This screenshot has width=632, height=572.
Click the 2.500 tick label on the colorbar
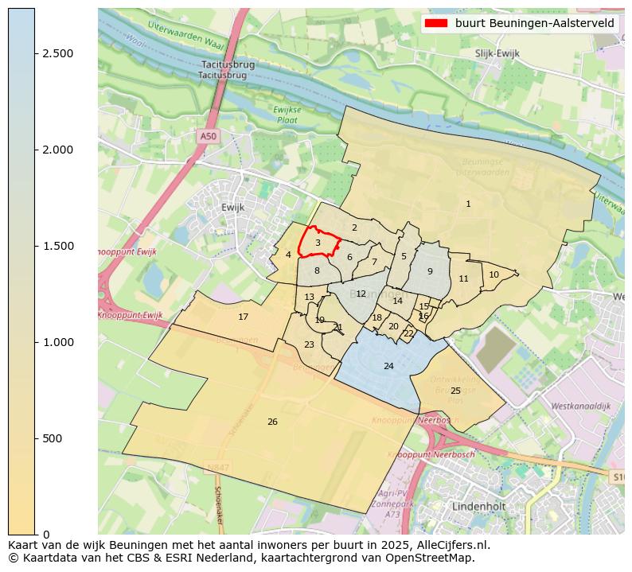[x=58, y=53]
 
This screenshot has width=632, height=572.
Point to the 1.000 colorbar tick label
[x=58, y=342]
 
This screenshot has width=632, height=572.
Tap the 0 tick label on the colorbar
[x=45, y=534]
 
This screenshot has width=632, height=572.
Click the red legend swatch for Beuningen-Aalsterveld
[x=436, y=23]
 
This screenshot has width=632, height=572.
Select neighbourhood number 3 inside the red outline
[x=318, y=243]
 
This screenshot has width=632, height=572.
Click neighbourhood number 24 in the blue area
[x=388, y=366]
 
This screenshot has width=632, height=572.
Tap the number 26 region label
[x=272, y=422]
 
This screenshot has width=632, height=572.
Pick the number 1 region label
[x=468, y=204]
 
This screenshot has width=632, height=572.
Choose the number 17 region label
[x=244, y=317]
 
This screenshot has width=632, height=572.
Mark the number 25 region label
[x=455, y=391]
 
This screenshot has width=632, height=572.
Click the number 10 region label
[x=494, y=274]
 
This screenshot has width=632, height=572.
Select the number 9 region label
[x=430, y=271]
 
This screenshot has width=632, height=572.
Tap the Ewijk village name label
[x=232, y=207]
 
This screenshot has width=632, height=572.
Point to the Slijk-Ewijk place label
[x=497, y=53]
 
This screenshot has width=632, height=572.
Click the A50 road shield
[x=208, y=136]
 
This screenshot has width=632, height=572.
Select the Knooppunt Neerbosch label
[x=406, y=419]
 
